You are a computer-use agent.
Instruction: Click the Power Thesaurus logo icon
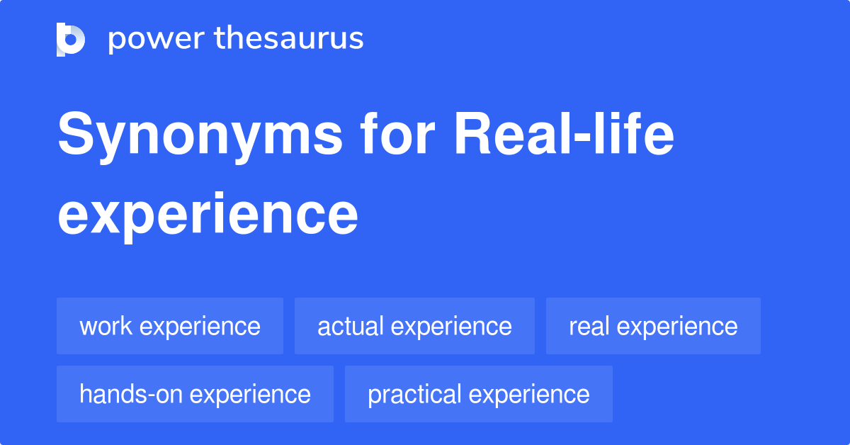[71, 39]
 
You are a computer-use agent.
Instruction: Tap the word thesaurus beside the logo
[289, 39]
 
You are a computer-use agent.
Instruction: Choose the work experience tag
[170, 326]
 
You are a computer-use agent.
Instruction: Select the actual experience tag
[414, 326]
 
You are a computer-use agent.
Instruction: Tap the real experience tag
[653, 326]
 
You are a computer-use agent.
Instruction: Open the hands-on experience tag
[195, 394]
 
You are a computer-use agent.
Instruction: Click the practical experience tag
[478, 394]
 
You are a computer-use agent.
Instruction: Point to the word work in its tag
[104, 327]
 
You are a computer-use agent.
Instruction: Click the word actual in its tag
[351, 327]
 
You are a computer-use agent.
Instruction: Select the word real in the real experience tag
[590, 327]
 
